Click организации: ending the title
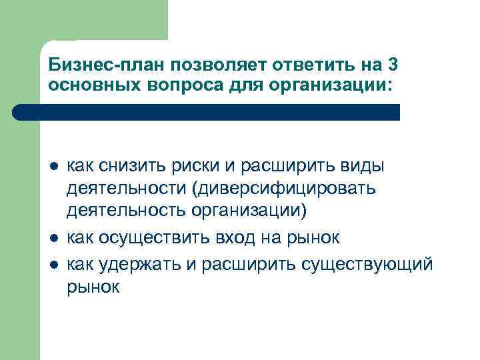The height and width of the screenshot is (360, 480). point(304,85)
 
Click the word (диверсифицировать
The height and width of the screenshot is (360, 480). point(284,189)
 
